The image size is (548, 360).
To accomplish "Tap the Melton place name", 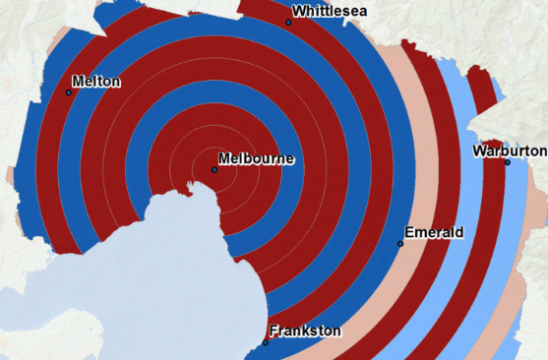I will (96, 82).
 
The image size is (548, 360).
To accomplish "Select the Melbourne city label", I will (256, 158).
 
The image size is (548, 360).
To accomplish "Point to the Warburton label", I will (509, 150).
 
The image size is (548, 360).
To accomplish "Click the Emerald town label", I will (434, 232).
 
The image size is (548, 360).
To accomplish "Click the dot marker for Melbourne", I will (214, 170).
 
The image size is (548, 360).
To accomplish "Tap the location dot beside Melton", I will (69, 92).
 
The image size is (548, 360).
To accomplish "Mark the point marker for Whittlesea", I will (288, 22).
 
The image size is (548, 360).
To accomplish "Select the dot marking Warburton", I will (508, 162).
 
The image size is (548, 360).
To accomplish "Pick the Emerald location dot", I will (400, 243).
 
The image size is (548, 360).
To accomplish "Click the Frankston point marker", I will (266, 342).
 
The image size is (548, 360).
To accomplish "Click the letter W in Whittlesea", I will (299, 12).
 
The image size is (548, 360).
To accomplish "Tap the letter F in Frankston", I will (274, 330).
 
